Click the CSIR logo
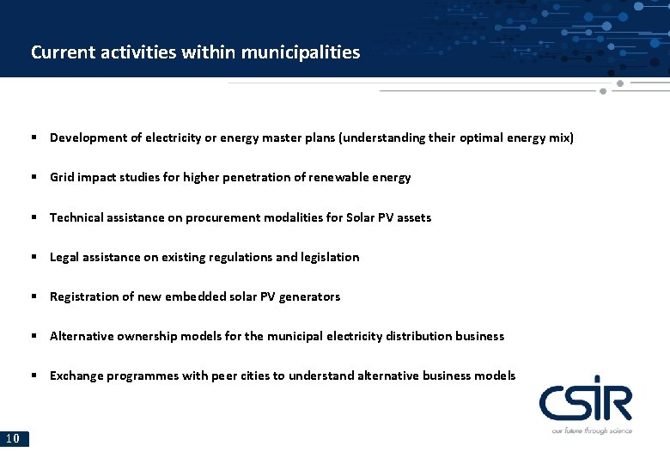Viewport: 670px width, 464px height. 585,401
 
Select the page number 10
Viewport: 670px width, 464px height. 13,439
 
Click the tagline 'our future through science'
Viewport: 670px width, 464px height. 592,430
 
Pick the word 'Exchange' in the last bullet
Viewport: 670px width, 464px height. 76,375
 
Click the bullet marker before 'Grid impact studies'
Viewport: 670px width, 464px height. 33,177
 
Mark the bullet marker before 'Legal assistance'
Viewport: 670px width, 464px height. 33,257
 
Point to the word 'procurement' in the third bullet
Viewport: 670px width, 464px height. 222,217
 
